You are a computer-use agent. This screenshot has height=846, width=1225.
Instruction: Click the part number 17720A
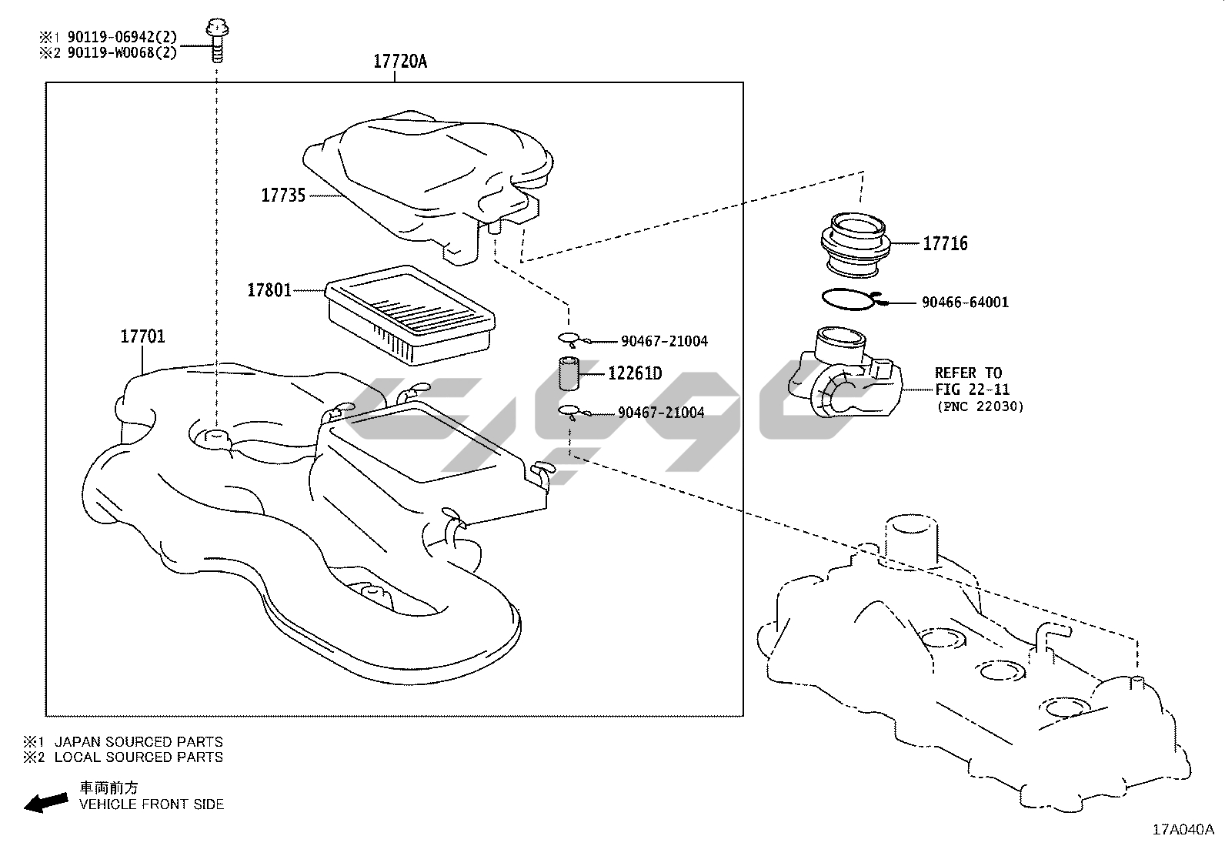(399, 62)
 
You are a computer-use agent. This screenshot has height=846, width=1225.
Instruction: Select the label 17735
(283, 196)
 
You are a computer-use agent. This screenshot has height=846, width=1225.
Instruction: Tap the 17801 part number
(269, 290)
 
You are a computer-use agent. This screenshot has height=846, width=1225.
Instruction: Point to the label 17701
(142, 336)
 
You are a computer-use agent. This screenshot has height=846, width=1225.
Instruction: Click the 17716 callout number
(945, 244)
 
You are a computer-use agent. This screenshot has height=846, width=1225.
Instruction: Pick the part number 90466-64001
(965, 303)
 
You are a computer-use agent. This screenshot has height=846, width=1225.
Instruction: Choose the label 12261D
(635, 374)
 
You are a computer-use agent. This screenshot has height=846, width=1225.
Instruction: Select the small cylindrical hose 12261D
(568, 375)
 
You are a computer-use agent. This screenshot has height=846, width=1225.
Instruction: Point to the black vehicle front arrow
(45, 803)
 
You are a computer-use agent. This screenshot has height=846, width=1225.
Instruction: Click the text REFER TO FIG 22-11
(972, 381)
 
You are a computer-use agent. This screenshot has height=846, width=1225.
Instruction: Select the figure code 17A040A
(1182, 829)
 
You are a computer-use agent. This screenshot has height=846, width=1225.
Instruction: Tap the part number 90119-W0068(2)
(122, 52)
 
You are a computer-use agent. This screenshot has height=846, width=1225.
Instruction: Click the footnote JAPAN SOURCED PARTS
(139, 742)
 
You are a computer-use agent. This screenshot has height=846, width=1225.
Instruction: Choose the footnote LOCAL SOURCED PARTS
(139, 757)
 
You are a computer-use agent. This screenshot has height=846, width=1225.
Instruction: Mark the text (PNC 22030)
(980, 406)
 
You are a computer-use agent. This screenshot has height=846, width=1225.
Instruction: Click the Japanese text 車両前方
(109, 788)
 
